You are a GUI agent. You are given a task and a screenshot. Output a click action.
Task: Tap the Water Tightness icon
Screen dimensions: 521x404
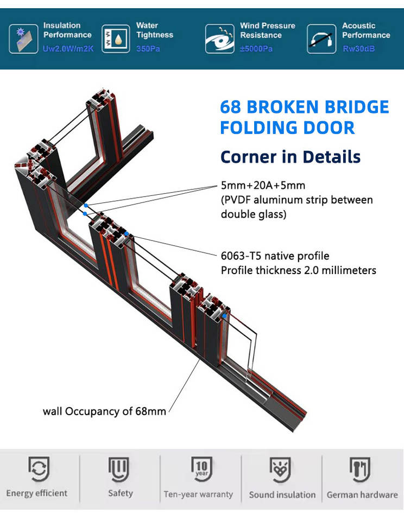pos(115,38)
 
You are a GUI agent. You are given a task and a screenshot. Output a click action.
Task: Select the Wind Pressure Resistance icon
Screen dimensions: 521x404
pos(219,39)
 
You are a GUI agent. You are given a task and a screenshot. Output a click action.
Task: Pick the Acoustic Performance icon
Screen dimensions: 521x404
pos(320,39)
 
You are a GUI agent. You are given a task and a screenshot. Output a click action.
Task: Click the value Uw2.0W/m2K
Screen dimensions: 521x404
pos(68,49)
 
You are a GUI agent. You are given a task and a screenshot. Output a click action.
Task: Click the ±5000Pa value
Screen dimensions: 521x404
pos(256,49)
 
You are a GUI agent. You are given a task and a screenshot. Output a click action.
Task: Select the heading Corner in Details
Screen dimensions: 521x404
pos(290,157)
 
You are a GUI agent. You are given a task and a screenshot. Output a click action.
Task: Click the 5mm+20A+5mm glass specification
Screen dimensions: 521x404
pos(263,186)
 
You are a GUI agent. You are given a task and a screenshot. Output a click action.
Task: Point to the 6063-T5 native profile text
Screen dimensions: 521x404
pos(275,256)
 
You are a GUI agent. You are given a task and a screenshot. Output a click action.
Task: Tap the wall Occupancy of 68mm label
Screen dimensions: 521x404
pos(104,411)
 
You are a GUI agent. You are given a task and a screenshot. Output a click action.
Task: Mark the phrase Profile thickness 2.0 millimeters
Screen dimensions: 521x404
pos(298,270)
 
